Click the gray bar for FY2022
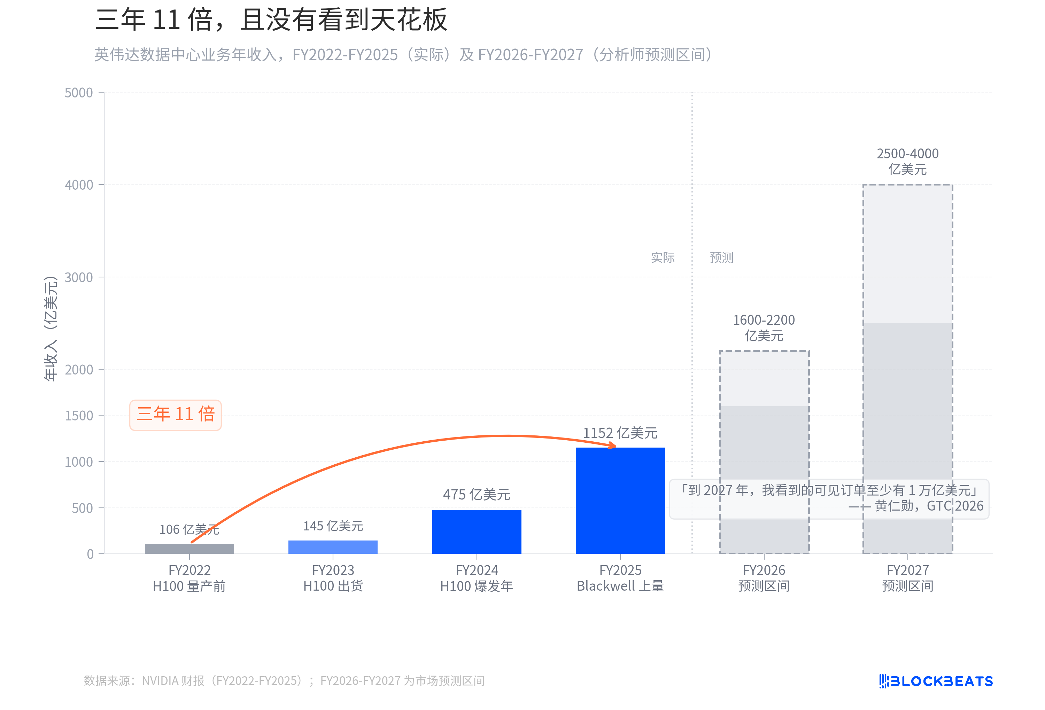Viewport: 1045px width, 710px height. (189, 548)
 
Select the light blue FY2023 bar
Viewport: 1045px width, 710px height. (333, 546)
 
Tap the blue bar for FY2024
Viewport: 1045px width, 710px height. (477, 531)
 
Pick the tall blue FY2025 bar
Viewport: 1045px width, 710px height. (620, 500)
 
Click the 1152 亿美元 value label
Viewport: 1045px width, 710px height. (620, 433)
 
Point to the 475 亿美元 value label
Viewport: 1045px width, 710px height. (477, 494)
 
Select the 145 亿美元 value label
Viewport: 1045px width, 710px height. (333, 526)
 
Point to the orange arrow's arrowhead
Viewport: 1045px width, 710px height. (612, 445)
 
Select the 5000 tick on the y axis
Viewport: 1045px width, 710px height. (79, 93)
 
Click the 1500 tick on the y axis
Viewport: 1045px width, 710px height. (79, 416)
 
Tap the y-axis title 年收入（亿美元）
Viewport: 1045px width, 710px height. (51, 328)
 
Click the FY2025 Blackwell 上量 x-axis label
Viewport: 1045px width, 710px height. (620, 578)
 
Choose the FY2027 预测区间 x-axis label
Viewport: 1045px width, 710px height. (907, 578)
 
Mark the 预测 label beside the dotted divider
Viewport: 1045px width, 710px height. (721, 258)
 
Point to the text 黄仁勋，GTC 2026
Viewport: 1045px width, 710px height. (929, 506)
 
